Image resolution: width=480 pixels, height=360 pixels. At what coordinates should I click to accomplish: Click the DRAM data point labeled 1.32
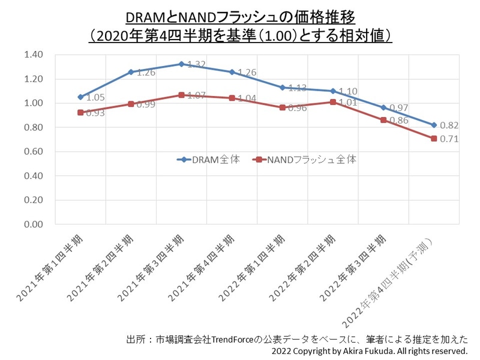(x=181, y=64)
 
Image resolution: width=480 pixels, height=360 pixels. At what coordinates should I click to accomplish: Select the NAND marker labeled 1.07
(x=181, y=95)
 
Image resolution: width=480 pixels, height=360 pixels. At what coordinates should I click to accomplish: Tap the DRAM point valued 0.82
(x=433, y=125)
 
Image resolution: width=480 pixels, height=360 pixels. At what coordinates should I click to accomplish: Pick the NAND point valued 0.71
(x=433, y=139)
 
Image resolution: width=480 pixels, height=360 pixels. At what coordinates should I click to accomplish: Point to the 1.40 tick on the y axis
(x=34, y=55)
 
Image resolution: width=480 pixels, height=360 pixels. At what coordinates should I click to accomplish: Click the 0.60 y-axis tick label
(x=34, y=152)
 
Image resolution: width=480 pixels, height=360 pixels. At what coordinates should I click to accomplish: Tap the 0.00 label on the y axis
(x=34, y=224)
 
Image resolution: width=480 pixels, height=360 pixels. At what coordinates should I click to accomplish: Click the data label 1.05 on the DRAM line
(x=96, y=97)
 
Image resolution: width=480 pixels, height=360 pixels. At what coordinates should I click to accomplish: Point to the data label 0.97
(x=399, y=107)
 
